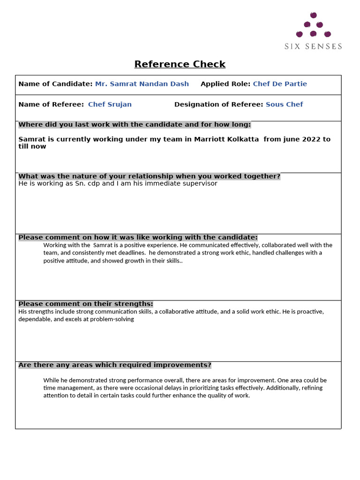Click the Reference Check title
(x=180, y=64)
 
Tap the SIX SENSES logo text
(x=313, y=46)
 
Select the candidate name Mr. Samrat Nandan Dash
(x=142, y=84)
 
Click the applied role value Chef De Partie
(x=280, y=84)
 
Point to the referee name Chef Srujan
(x=110, y=105)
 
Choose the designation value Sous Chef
(x=284, y=105)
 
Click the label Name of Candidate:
(x=55, y=84)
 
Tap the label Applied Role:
(x=225, y=84)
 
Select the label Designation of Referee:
(x=218, y=105)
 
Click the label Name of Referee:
(x=51, y=105)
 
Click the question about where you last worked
(x=135, y=125)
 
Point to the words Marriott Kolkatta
(x=226, y=139)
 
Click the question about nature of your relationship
(x=149, y=176)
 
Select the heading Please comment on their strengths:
(x=85, y=304)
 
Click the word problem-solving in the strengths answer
(x=114, y=319)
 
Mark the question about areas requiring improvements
(x=115, y=365)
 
